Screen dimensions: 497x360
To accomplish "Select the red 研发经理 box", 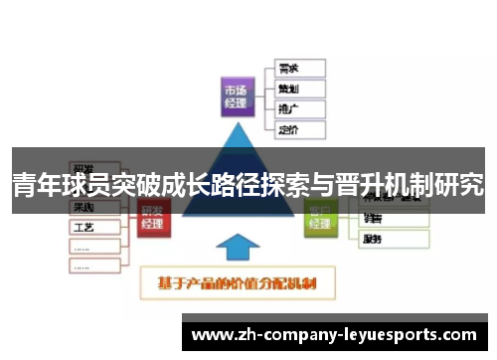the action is (153, 218).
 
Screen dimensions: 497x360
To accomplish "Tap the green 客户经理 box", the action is (319, 216).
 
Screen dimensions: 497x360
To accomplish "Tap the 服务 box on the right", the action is (394, 238).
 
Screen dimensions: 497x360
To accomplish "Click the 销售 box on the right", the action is (394, 219).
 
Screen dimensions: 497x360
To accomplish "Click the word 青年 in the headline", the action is (34, 185).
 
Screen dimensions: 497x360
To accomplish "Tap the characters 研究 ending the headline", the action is (461, 185).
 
